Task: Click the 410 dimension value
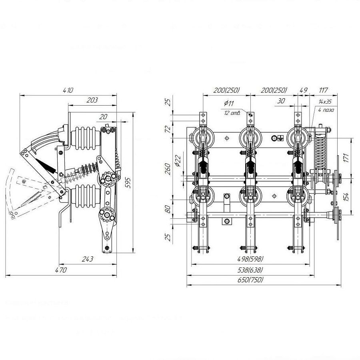click(x=68, y=90)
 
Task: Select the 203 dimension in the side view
click(x=92, y=100)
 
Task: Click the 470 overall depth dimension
click(x=61, y=270)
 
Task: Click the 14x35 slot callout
click(x=325, y=102)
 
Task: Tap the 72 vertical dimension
click(x=168, y=129)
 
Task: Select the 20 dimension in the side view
click(x=104, y=116)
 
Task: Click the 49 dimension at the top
click(x=303, y=90)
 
